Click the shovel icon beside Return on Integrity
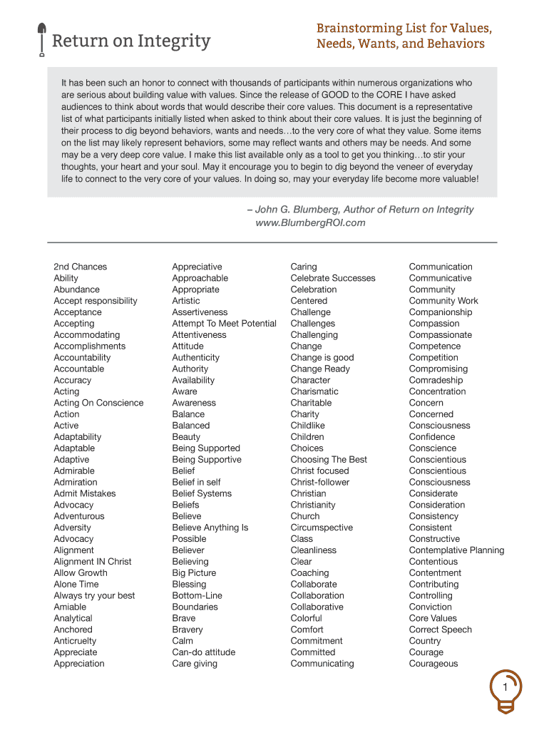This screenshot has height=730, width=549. point(41,39)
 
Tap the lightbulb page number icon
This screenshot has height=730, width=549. point(505,689)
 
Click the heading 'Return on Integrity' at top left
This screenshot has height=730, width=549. point(131,41)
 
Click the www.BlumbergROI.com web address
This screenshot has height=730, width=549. point(310,222)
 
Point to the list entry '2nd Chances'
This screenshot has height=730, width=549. point(80,267)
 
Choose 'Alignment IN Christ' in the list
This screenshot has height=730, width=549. point(93,561)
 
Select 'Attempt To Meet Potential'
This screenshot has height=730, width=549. point(224,323)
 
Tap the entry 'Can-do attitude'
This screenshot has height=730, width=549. point(203,652)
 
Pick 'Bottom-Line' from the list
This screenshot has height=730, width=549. point(197,595)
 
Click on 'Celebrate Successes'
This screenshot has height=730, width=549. point(332,278)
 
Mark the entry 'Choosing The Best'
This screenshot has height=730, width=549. point(329,459)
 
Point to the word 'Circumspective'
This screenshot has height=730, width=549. point(322,528)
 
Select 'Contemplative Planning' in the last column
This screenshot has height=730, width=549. point(456,550)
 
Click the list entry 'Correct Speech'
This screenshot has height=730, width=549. point(440,629)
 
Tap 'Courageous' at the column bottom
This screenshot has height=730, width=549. point(433,664)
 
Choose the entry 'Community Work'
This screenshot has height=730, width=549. point(443,301)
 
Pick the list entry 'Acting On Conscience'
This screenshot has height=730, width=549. point(98,403)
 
